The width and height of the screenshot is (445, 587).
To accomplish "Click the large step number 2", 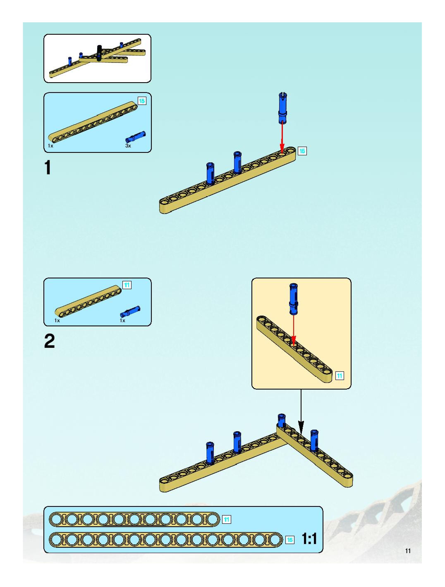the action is (x=49, y=341).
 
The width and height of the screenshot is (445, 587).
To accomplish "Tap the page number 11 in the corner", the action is (x=408, y=551).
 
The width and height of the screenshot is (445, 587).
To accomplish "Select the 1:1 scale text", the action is (x=309, y=539).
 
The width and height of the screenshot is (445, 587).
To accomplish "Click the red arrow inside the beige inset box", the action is (x=293, y=330).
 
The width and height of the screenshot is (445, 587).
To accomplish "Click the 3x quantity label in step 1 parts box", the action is (x=128, y=146).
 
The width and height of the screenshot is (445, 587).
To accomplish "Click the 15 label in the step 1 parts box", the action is (x=142, y=101).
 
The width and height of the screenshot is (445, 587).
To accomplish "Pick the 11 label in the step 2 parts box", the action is (x=127, y=285).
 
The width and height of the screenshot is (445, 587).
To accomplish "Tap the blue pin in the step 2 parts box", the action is (x=130, y=311).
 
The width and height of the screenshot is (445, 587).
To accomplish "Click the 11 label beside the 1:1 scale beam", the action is (x=227, y=519).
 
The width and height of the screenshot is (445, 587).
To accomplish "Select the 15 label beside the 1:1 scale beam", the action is (x=290, y=539).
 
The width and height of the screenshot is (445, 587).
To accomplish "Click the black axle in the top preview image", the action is (x=100, y=53).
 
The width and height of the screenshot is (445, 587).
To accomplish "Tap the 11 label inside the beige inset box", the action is (x=340, y=376).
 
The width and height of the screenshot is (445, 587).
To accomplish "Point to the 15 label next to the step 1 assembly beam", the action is (x=302, y=151).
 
